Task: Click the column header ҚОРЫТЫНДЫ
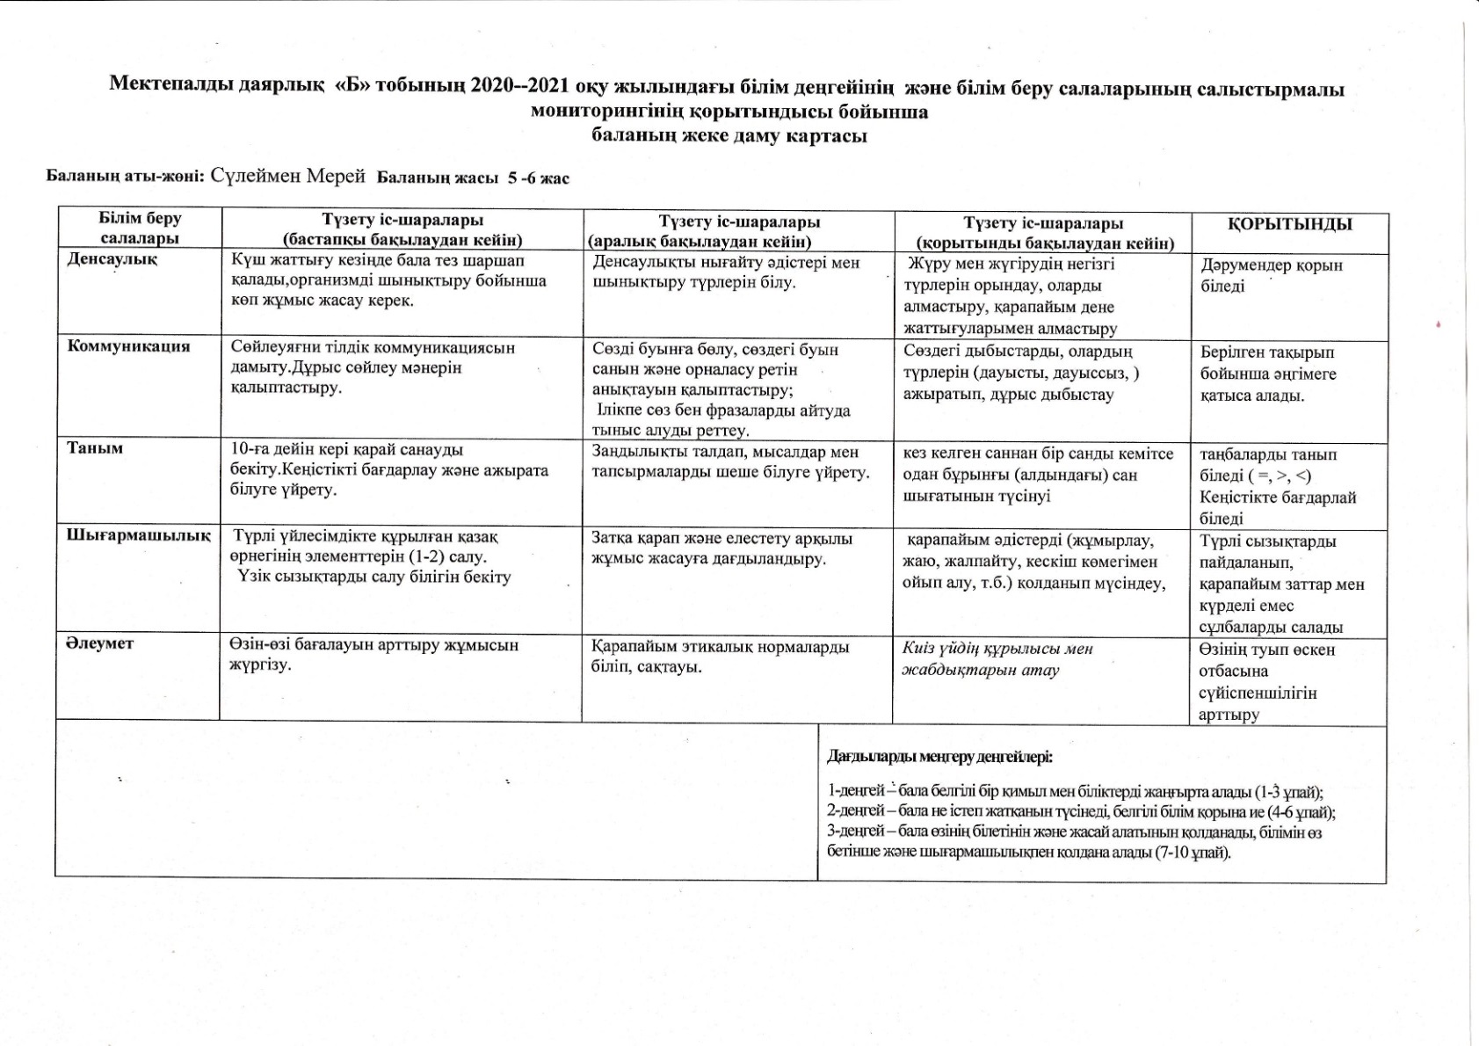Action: point(1289,224)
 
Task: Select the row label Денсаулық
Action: point(112,259)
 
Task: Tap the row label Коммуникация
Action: point(128,345)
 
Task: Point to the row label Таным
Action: point(95,448)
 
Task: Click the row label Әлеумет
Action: point(99,643)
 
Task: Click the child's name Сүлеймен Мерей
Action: point(287,176)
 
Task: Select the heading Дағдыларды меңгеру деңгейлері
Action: point(939,757)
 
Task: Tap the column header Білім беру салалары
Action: point(140,228)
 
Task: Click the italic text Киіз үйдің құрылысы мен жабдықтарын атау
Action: point(997,659)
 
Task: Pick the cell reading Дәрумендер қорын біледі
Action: point(1271,275)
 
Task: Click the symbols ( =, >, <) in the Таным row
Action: point(1280,476)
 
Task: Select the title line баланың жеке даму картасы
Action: point(729,136)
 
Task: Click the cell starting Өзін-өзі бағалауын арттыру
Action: point(373,655)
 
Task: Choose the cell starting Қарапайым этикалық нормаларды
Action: point(721,657)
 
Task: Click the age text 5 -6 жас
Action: point(537,178)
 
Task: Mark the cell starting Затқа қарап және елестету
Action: point(721,548)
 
